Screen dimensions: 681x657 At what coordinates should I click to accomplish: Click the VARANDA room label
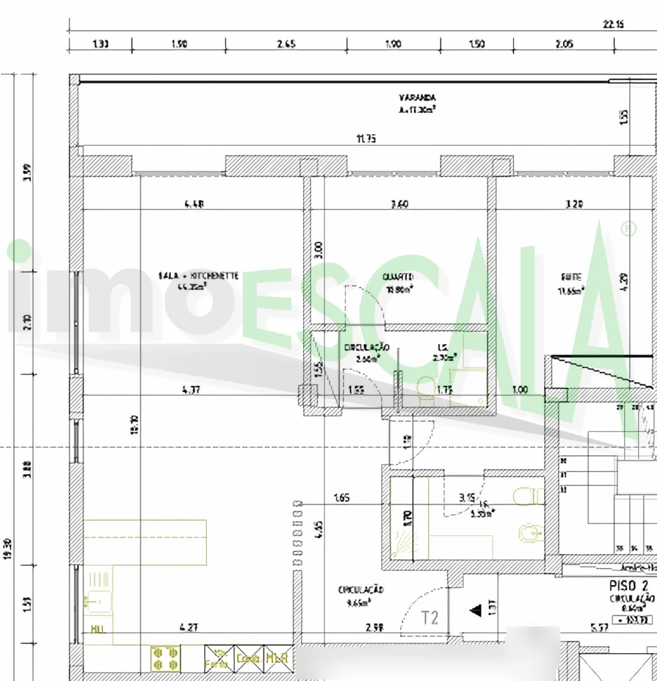pos(417,98)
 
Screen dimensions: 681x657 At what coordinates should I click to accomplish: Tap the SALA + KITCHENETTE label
pos(198,276)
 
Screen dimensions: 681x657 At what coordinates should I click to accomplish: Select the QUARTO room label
pos(398,277)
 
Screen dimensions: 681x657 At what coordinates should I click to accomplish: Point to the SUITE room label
pos(571,277)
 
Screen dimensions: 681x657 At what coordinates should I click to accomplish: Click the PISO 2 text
pos(628,586)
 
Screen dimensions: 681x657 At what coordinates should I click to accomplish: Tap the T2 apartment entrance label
pos(430,618)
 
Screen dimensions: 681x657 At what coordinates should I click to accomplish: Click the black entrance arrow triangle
pos(476,610)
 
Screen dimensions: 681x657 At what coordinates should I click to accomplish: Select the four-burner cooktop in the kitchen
pos(165,658)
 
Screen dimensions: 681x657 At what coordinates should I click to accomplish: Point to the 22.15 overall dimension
pos(613,24)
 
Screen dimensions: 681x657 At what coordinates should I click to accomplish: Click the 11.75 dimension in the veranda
pos(366,139)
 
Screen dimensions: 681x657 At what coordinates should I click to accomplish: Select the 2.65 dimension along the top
pos(286,44)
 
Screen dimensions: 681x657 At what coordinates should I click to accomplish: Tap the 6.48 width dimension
pos(194,204)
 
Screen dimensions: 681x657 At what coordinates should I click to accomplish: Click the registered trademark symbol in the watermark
pos(629,229)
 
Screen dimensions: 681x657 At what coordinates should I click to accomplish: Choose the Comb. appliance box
pos(249,658)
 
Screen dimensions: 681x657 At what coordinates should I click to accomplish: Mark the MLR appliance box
pos(277,658)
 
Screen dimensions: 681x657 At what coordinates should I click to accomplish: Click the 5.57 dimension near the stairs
pos(600,627)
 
